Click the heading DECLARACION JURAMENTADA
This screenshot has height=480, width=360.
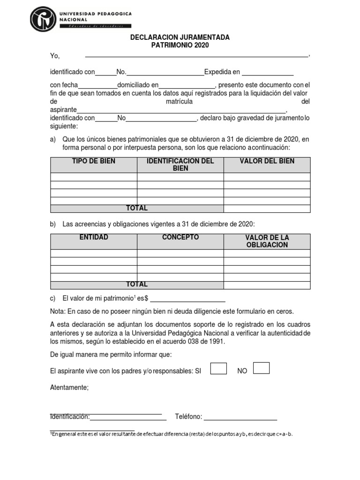coord(180,37)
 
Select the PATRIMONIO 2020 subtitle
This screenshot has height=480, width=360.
coord(180,45)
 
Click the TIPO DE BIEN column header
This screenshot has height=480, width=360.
coord(94,161)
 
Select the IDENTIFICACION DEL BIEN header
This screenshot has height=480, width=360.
coord(180,165)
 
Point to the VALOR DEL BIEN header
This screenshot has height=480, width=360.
coord(267,161)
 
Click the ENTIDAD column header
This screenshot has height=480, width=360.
coord(94,238)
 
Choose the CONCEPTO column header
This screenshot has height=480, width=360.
coord(180,238)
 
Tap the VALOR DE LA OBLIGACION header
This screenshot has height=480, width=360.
coord(267,241)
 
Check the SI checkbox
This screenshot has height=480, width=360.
coord(218,368)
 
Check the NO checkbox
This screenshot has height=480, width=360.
coord(261,368)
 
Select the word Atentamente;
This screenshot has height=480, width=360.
coord(69,387)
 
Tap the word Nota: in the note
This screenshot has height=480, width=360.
coord(58,311)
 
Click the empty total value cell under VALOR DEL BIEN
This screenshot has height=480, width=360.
coord(267,209)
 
